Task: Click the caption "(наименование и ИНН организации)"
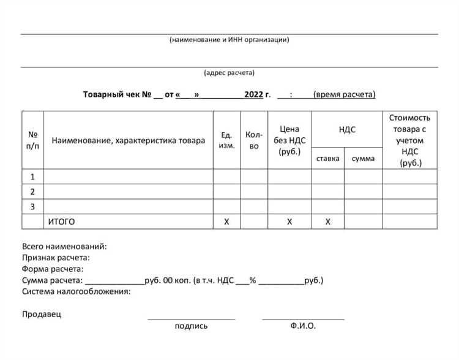tap(229, 40)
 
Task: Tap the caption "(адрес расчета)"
tap(229, 73)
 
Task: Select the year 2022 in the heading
tap(253, 94)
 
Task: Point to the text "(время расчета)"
tap(344, 94)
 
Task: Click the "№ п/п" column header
tap(33, 140)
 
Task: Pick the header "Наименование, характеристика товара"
tap(129, 140)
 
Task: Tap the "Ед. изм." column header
tap(226, 140)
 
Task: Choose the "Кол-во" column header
tap(254, 140)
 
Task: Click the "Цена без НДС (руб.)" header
tap(289, 140)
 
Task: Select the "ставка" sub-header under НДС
tap(327, 159)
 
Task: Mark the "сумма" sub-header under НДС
tap(364, 159)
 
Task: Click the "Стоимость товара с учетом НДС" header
tap(410, 140)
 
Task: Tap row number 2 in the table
tap(32, 192)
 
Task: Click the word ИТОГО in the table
tap(61, 222)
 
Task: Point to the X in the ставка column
tap(327, 222)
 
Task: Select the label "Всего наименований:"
tap(64, 246)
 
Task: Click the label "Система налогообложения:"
tap(76, 291)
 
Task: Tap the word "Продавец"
tap(42, 314)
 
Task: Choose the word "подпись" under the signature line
tap(191, 326)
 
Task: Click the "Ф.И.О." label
tap(304, 326)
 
